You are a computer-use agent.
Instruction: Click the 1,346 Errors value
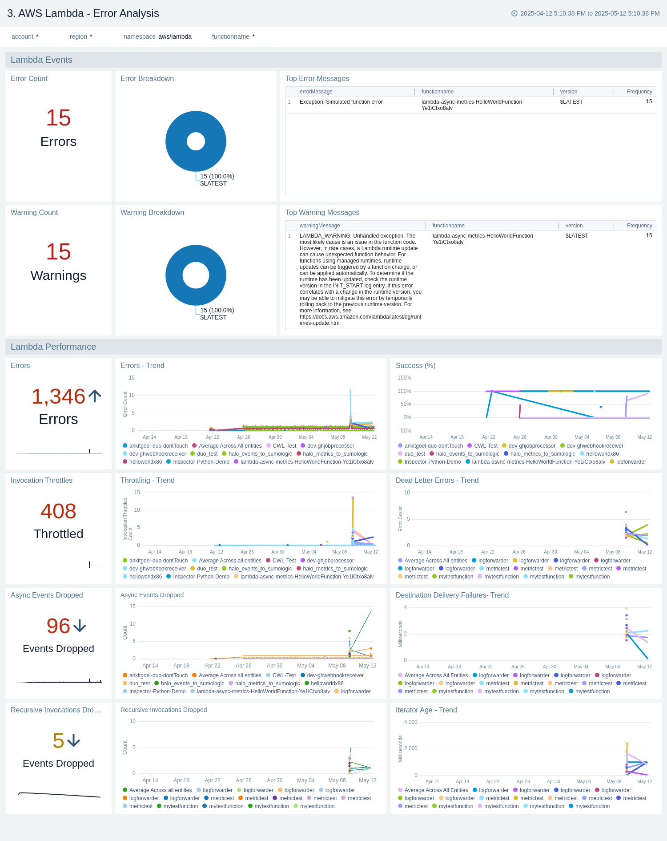click(x=58, y=396)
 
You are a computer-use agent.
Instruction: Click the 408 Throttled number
click(x=58, y=511)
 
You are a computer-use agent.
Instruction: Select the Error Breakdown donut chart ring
click(x=176, y=141)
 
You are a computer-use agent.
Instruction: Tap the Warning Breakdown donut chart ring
click(x=176, y=275)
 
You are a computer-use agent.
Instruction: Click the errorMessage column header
click(x=316, y=92)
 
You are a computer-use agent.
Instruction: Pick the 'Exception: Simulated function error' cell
click(x=341, y=102)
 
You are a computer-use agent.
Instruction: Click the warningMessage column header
click(x=319, y=226)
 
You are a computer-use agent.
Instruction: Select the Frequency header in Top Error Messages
click(x=639, y=92)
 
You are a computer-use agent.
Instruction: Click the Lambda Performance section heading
click(x=53, y=347)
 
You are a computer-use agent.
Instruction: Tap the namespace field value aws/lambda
click(x=175, y=36)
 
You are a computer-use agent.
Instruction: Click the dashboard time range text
click(x=590, y=13)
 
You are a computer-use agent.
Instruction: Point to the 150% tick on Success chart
click(x=404, y=378)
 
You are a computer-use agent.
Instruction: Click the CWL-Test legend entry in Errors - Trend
click(x=284, y=446)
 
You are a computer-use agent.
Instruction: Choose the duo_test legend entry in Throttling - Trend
click(x=207, y=569)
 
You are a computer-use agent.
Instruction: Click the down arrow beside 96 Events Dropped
click(x=80, y=626)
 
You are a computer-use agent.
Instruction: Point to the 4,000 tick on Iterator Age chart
click(x=410, y=722)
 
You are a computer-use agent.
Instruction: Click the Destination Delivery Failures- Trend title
click(x=452, y=595)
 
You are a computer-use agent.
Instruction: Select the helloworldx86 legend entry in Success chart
click(x=602, y=454)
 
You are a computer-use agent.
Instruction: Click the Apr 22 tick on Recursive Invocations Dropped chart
click(x=212, y=780)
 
